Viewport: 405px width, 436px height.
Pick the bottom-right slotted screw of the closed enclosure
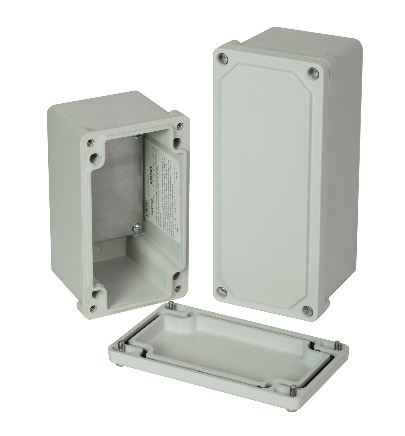(306, 310)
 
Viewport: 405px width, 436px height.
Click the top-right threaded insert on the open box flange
(180, 125)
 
